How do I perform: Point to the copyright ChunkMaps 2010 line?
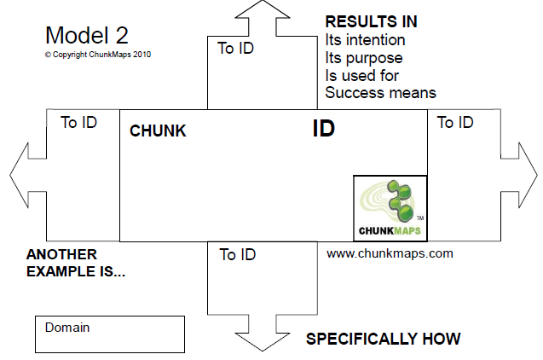(x=98, y=54)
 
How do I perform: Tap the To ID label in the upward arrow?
(x=236, y=48)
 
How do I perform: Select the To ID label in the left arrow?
(x=79, y=122)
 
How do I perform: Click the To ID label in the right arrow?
(x=455, y=122)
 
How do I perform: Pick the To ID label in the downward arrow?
(x=238, y=254)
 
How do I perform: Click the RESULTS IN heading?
(x=371, y=21)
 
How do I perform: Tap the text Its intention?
(x=365, y=39)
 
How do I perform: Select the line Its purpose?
(x=363, y=57)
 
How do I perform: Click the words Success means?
(x=380, y=92)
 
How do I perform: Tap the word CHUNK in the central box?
(x=158, y=131)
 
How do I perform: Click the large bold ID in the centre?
(x=323, y=129)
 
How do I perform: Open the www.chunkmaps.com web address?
(x=390, y=253)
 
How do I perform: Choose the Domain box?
(x=110, y=334)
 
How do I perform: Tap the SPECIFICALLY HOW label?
(x=383, y=339)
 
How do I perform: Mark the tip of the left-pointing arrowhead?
(x=11, y=177)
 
